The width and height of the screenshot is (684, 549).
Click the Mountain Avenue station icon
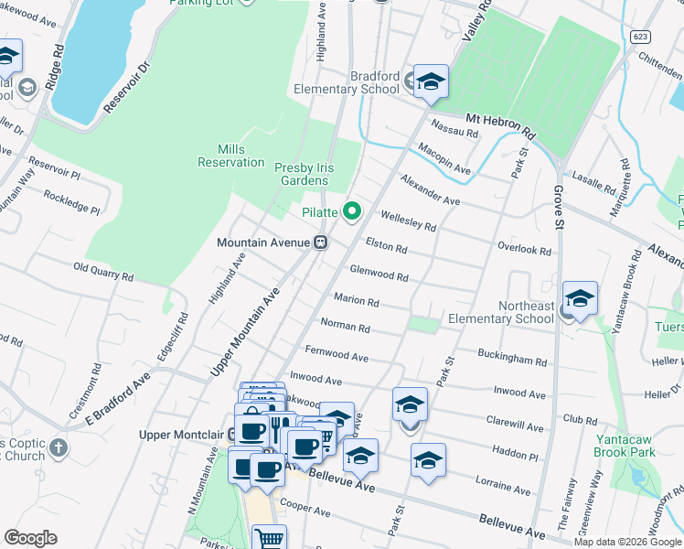point(321,242)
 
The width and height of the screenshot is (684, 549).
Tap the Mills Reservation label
point(230,156)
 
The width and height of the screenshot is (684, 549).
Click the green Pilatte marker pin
point(351,212)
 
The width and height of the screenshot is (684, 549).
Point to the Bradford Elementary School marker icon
point(430,82)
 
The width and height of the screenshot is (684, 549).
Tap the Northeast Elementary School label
point(500,312)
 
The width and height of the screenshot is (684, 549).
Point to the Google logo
point(30,537)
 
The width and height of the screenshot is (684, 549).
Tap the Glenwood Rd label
point(379,274)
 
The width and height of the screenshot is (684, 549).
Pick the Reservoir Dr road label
point(125,87)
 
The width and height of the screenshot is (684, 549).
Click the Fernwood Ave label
point(337,353)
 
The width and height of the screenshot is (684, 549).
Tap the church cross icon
point(58,447)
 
